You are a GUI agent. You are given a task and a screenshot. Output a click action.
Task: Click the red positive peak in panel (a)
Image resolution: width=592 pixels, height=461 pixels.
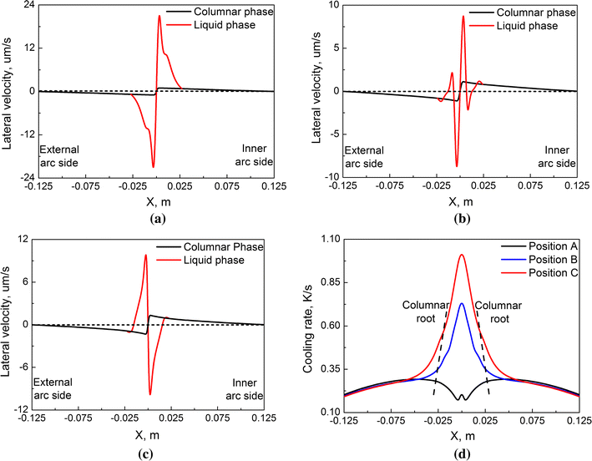pyautogui.click(x=159, y=16)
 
